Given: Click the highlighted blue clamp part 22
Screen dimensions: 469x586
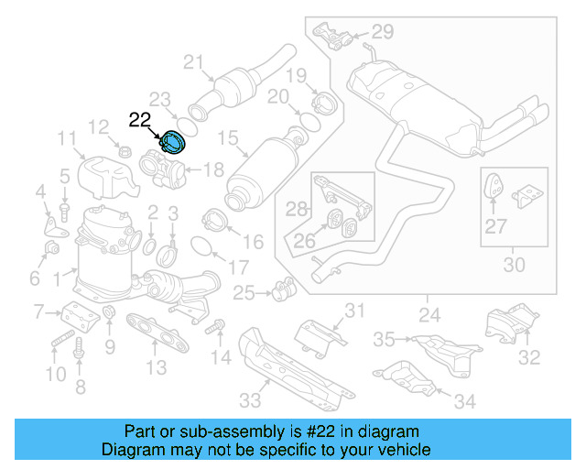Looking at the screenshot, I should [x=173, y=142].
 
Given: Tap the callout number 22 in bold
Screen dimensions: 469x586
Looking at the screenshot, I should [x=140, y=119].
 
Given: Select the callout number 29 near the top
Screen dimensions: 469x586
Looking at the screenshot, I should [x=382, y=32].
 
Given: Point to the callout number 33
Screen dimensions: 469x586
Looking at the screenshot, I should [x=249, y=400].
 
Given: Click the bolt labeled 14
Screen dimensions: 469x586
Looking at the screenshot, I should [x=218, y=325].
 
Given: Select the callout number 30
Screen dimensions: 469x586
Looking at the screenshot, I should [x=515, y=266].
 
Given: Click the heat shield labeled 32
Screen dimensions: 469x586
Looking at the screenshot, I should [x=502, y=325].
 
